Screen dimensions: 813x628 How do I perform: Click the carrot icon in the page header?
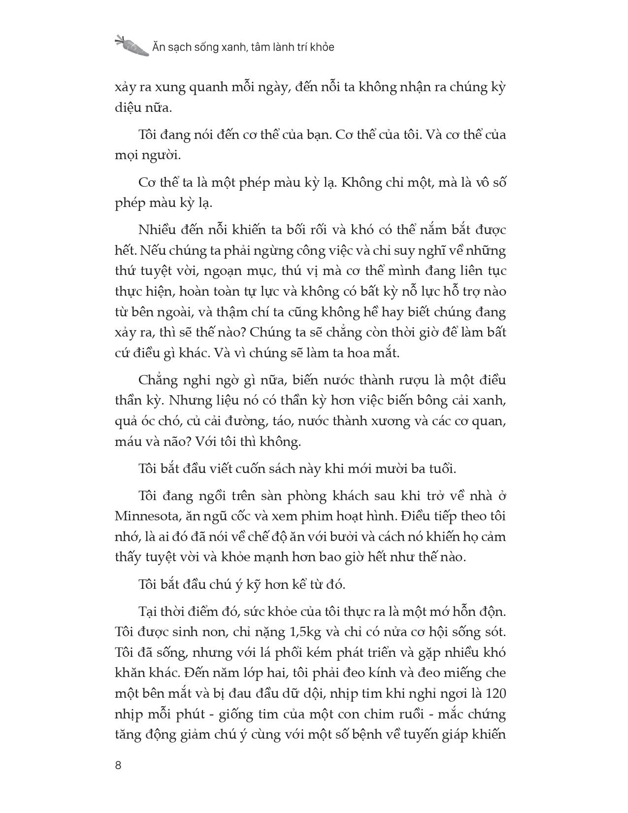pos(132,45)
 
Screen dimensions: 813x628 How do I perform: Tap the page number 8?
pos(118,765)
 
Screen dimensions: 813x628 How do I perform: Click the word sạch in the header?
pos(179,47)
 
